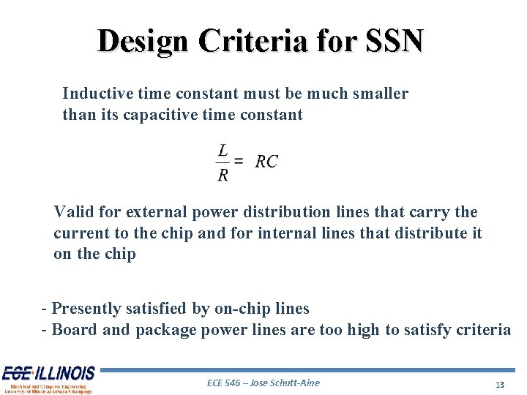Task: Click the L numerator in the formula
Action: [223, 150]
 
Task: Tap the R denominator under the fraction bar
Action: [223, 174]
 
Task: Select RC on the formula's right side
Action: [266, 162]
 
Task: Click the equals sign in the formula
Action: [239, 161]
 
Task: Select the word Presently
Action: [86, 309]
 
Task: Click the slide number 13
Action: [500, 384]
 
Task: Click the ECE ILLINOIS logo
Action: [48, 379]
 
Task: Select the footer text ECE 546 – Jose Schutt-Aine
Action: [263, 383]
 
